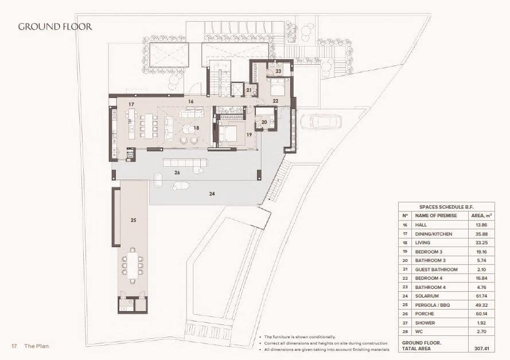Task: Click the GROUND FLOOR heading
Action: [x=55, y=26]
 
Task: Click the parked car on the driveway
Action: [x=321, y=122]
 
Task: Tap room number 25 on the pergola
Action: [x=133, y=220]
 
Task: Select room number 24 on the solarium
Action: [x=212, y=194]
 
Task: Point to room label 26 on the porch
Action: [x=177, y=172]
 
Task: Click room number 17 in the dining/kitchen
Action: [x=131, y=104]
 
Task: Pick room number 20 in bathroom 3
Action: [x=264, y=122]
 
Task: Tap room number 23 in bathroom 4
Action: [x=278, y=71]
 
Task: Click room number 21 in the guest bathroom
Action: [x=249, y=90]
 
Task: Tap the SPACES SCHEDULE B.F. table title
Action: [x=446, y=206]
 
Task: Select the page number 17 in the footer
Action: [x=14, y=346]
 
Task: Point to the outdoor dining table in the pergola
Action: [x=133, y=265]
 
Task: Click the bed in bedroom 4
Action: [x=278, y=88]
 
